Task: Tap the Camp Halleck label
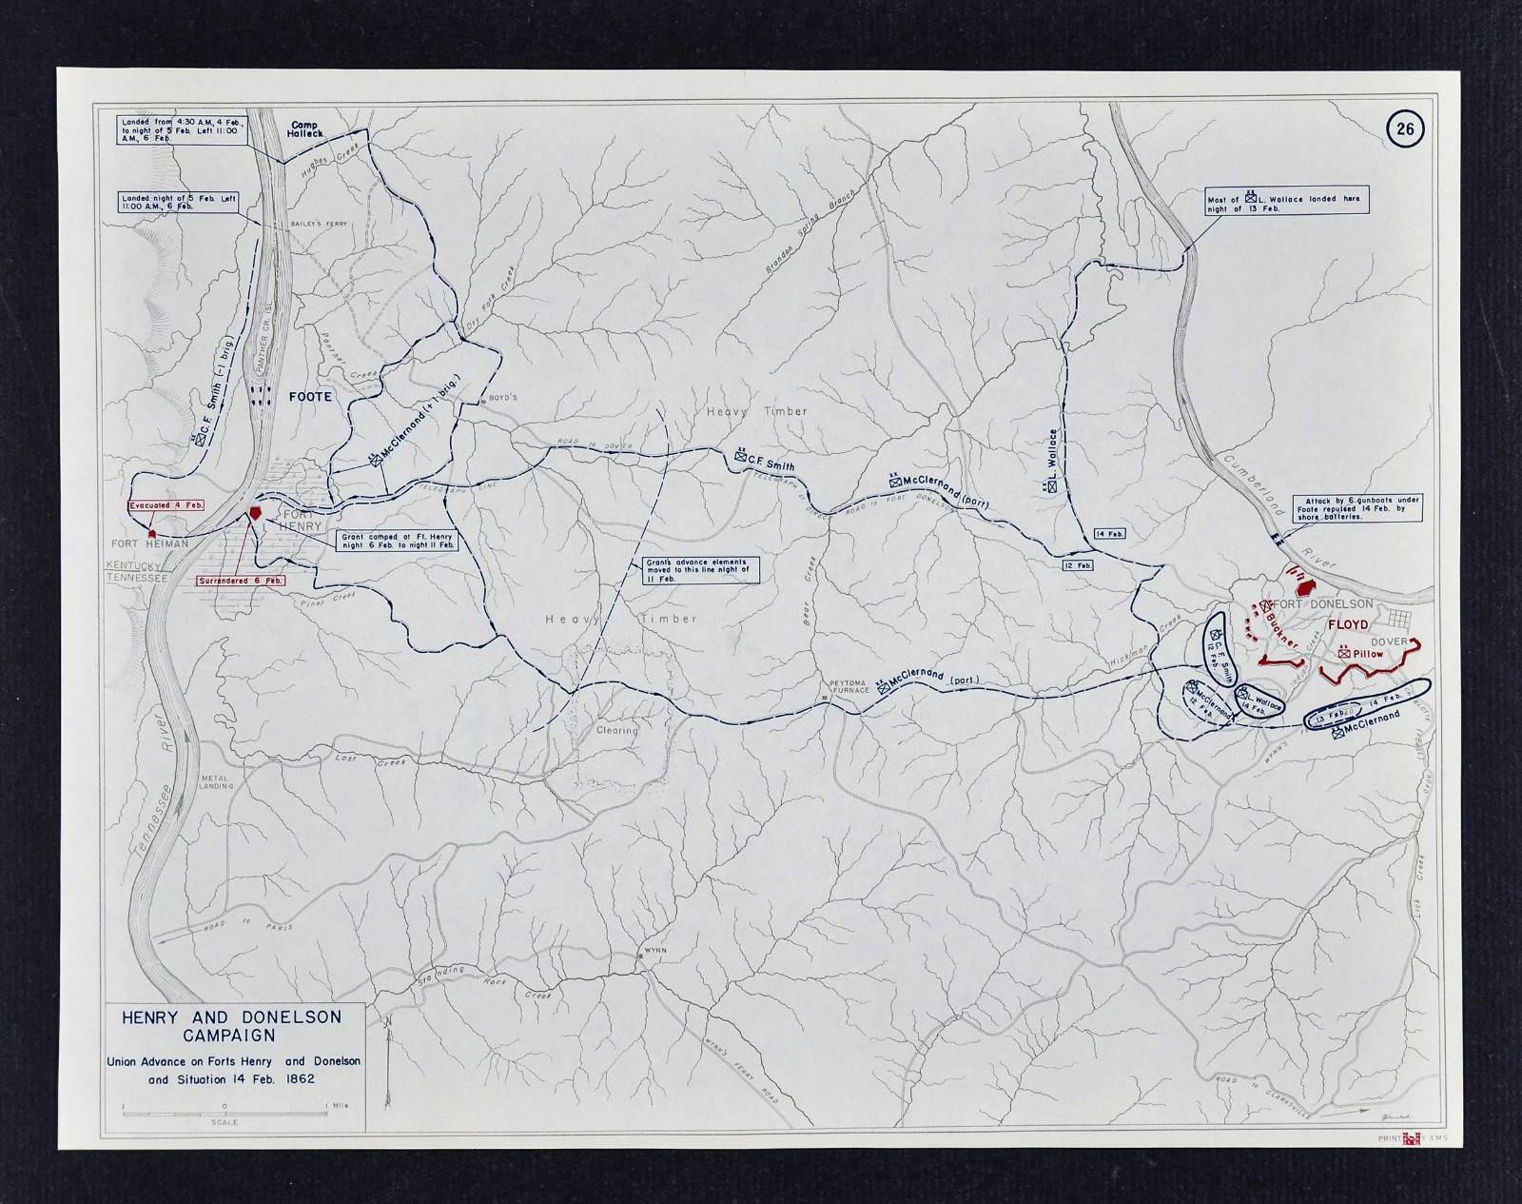tap(307, 130)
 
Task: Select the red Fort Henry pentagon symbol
tap(255, 512)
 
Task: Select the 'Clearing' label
tap(616, 730)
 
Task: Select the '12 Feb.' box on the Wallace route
tap(1078, 565)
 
